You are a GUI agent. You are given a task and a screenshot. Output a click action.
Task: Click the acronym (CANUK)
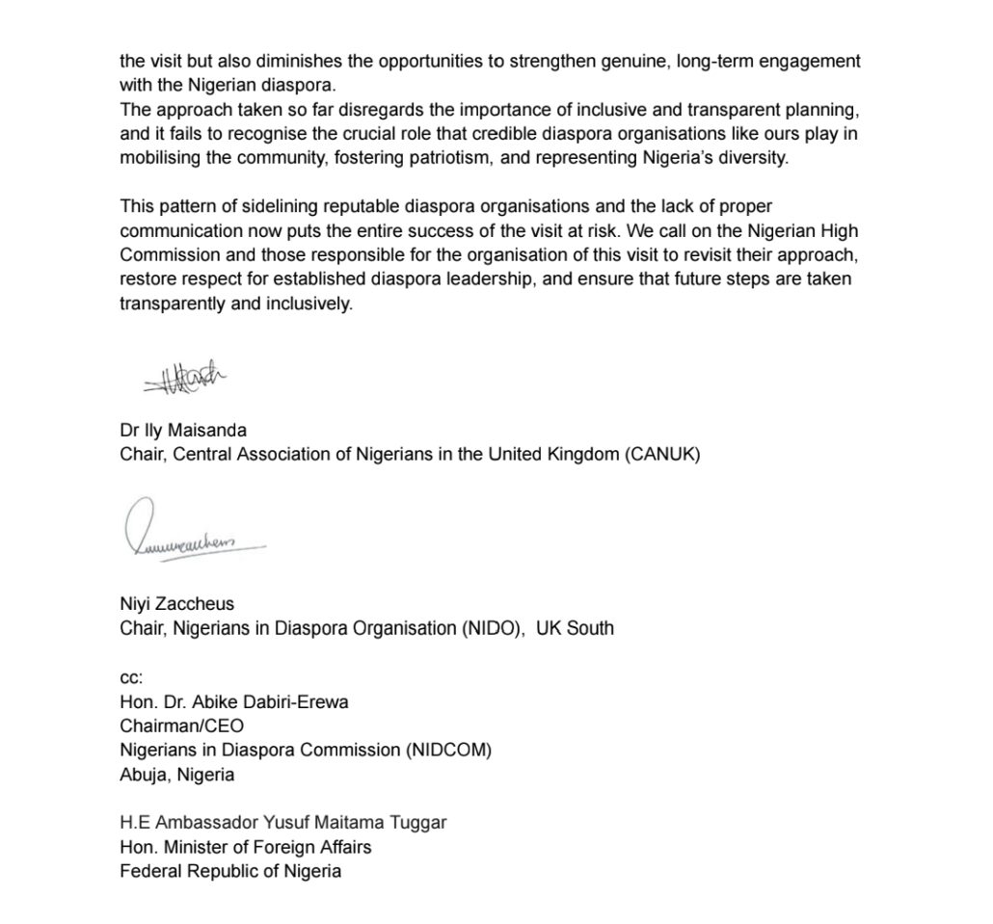[x=662, y=455]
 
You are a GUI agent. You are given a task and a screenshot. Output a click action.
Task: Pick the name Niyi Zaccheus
[x=176, y=604]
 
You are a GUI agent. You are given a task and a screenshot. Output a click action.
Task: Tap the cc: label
[x=130, y=678]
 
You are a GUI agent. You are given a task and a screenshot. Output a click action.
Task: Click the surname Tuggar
[x=418, y=824]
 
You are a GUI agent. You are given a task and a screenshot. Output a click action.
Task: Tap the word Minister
[x=193, y=848]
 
